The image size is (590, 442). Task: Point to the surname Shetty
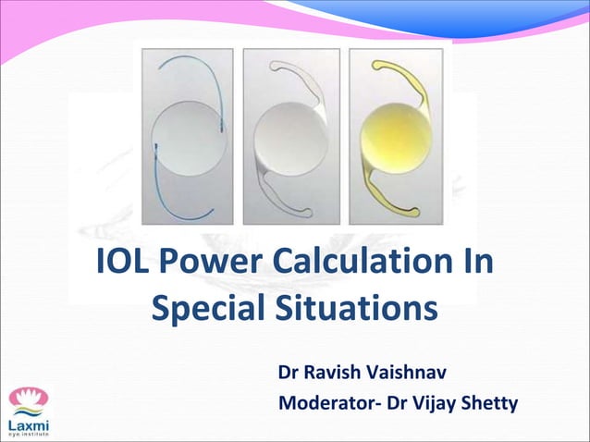(x=490, y=403)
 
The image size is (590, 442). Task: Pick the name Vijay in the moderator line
(x=430, y=403)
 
